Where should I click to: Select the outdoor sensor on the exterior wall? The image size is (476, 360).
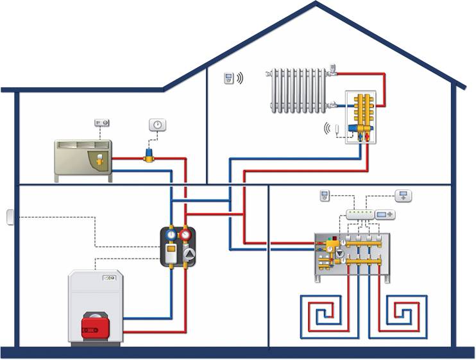pyautogui.click(x=10, y=218)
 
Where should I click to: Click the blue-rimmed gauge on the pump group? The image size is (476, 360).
pyautogui.click(x=171, y=235)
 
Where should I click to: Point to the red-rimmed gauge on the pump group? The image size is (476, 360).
pyautogui.click(x=186, y=235)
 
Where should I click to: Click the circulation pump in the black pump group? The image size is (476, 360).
pyautogui.click(x=187, y=253)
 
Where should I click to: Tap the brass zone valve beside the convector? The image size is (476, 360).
pyautogui.click(x=149, y=155)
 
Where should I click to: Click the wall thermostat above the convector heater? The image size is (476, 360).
pyautogui.click(x=101, y=122)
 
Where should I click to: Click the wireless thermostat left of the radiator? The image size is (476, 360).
pyautogui.click(x=228, y=78)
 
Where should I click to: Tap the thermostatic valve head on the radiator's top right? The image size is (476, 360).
pyautogui.click(x=333, y=69)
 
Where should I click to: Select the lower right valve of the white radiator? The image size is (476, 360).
pyautogui.click(x=332, y=105)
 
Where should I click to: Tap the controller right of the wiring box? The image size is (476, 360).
pyautogui.click(x=386, y=214)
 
